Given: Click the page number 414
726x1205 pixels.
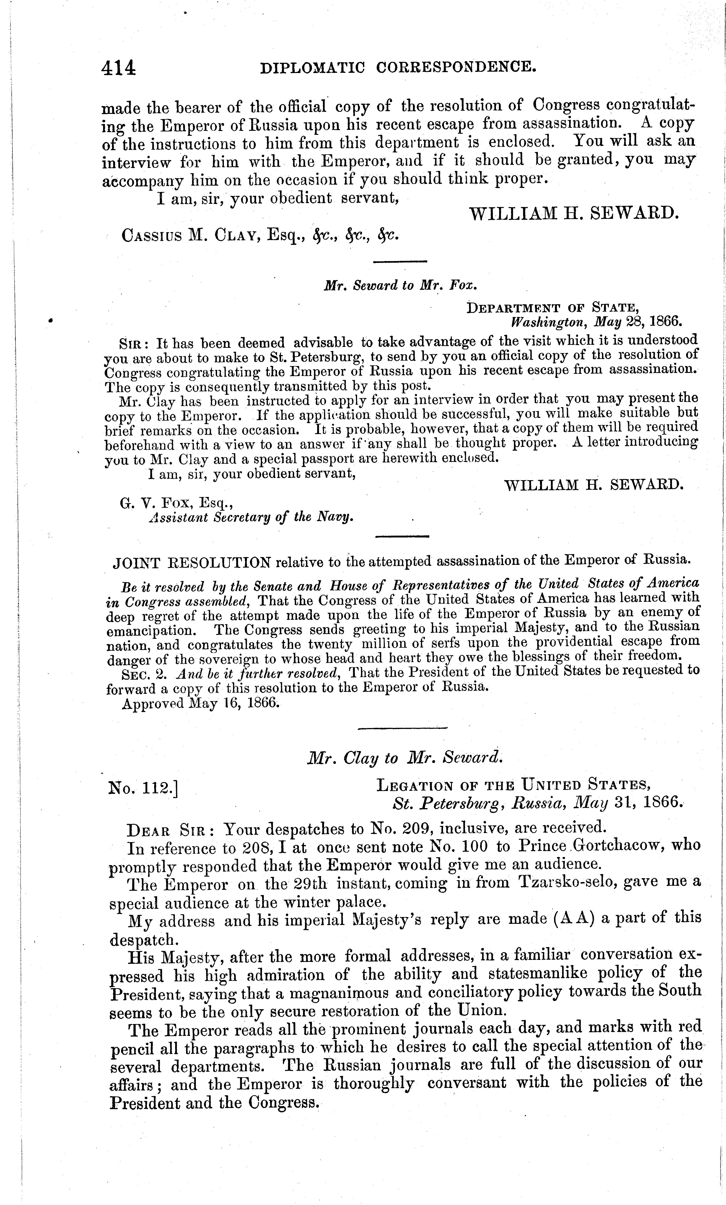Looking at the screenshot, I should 119,68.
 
